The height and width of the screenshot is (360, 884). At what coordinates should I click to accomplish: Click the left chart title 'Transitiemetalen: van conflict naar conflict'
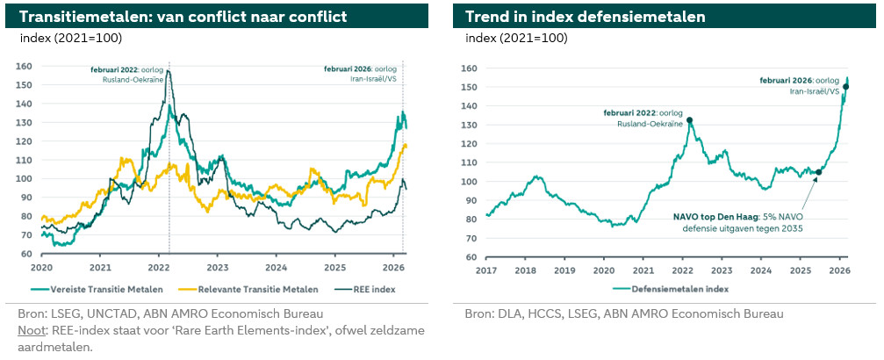[183, 17]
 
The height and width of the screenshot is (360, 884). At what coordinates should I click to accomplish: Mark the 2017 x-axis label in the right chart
[485, 270]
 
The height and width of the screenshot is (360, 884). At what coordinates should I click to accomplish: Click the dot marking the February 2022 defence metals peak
[689, 120]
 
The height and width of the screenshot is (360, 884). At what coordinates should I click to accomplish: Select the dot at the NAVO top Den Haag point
[819, 172]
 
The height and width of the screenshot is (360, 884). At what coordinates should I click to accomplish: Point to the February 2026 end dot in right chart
[846, 86]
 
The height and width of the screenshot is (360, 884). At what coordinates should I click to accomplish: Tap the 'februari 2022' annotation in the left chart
[127, 69]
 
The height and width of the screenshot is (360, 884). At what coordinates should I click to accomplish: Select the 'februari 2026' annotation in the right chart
[800, 80]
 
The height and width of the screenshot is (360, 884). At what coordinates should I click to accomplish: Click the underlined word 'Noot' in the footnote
[32, 330]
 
